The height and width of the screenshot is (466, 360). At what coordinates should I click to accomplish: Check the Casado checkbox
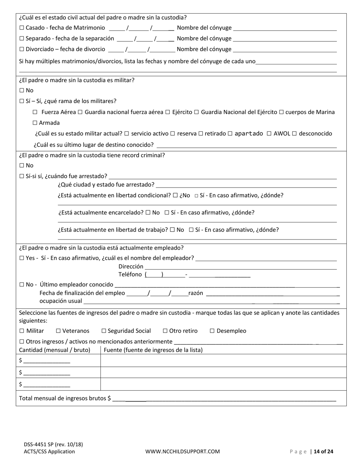(22, 28)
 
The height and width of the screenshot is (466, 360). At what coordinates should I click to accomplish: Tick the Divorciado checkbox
(22, 49)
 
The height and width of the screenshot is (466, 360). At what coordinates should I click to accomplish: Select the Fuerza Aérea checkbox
(35, 112)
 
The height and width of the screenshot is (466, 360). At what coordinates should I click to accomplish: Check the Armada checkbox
(35, 123)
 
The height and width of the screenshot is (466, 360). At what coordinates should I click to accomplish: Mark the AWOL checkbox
(269, 133)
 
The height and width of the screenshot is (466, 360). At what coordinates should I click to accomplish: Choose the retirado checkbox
(200, 133)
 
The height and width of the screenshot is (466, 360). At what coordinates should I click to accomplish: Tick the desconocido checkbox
(294, 133)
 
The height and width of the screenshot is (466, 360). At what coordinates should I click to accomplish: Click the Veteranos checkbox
(58, 331)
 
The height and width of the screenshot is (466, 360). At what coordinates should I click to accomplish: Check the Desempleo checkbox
(212, 331)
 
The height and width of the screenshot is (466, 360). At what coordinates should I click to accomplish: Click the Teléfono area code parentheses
(154, 275)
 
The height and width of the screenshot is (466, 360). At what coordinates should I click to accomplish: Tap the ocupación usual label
(61, 301)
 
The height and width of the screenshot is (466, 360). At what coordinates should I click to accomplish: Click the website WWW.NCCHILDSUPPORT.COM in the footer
(182, 451)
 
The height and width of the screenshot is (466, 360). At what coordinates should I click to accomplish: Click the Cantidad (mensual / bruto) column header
(55, 350)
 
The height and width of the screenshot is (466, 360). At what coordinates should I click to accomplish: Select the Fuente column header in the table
(153, 350)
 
